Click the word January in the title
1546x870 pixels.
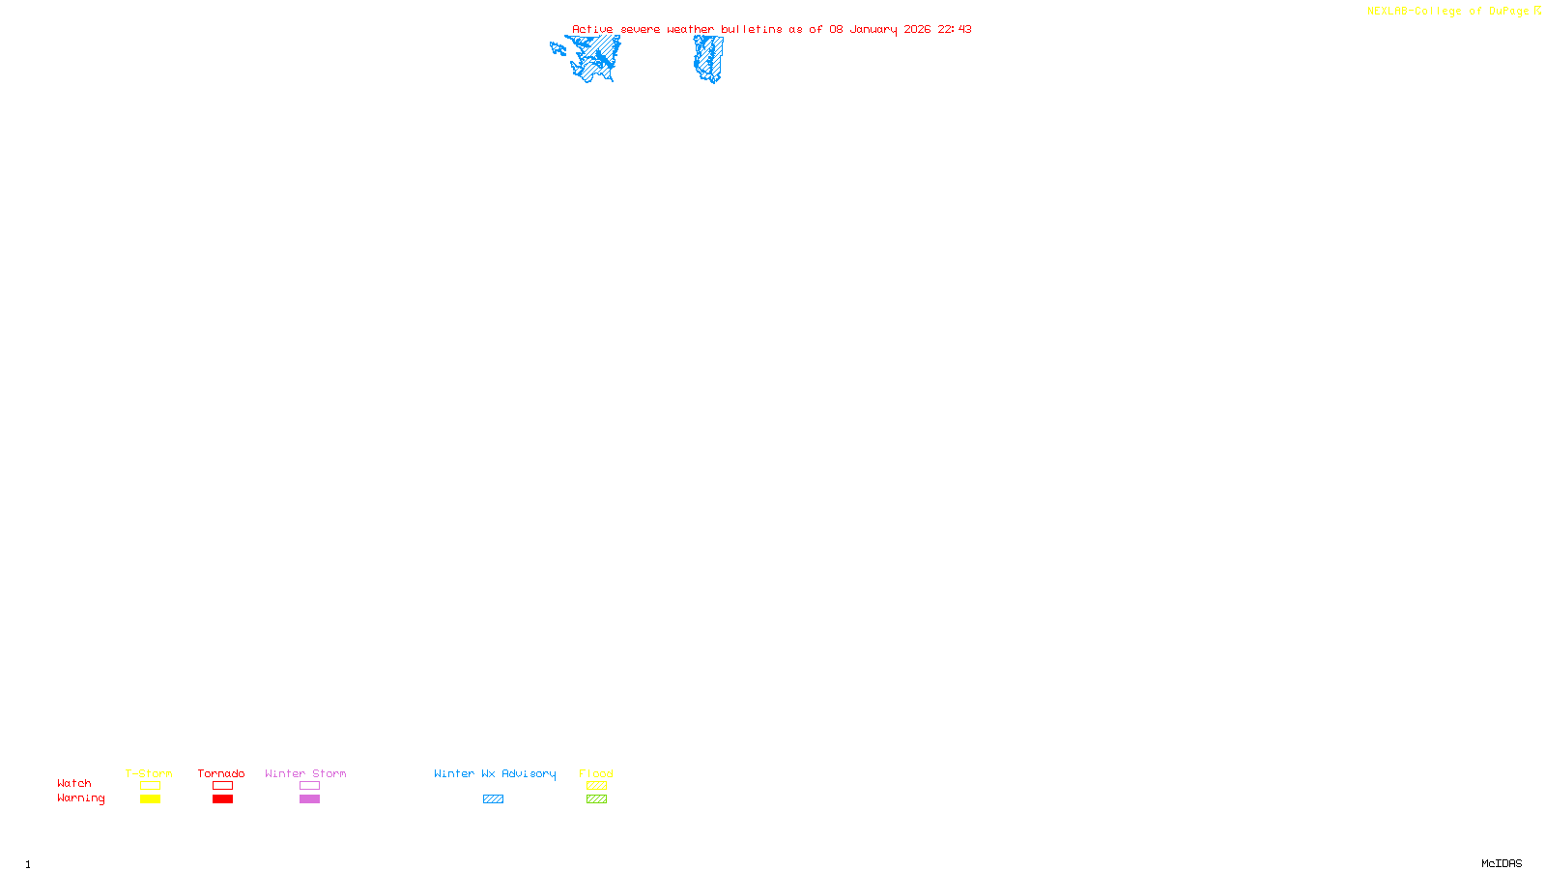point(873,29)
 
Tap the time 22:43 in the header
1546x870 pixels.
point(955,29)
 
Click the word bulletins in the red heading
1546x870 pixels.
point(752,29)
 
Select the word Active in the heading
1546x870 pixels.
point(592,29)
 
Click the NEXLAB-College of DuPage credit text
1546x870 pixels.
point(1447,12)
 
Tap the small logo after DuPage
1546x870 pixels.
point(1537,11)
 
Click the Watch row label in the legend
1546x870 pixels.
point(74,784)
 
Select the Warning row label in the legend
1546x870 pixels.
point(81,798)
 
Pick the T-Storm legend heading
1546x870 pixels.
point(149,773)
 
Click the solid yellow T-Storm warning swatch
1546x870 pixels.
point(150,799)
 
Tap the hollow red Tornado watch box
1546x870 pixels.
point(222,786)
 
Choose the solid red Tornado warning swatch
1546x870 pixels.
point(222,799)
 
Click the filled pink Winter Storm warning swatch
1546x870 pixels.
point(309,799)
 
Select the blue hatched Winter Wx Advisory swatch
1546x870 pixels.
point(493,799)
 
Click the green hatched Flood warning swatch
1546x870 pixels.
point(596,799)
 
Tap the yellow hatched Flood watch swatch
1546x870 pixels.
point(596,786)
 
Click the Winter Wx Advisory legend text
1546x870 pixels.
point(495,773)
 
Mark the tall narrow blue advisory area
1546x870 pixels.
point(708,58)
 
